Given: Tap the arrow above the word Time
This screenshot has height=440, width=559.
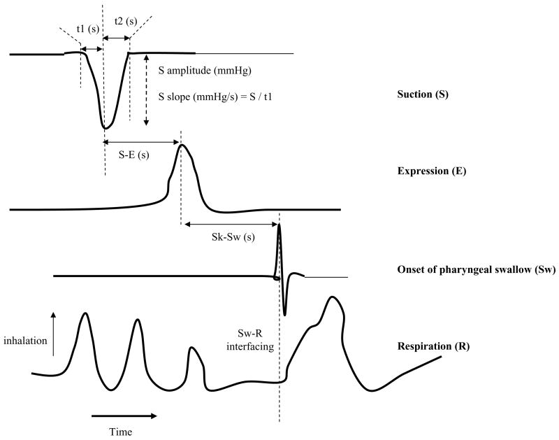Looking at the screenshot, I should point(124,416).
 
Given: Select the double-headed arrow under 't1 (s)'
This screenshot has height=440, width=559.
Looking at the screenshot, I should point(92,48).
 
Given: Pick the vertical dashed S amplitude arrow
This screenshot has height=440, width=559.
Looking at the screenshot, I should point(145,91).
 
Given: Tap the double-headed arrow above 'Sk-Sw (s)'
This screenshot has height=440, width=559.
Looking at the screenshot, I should point(230,224).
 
